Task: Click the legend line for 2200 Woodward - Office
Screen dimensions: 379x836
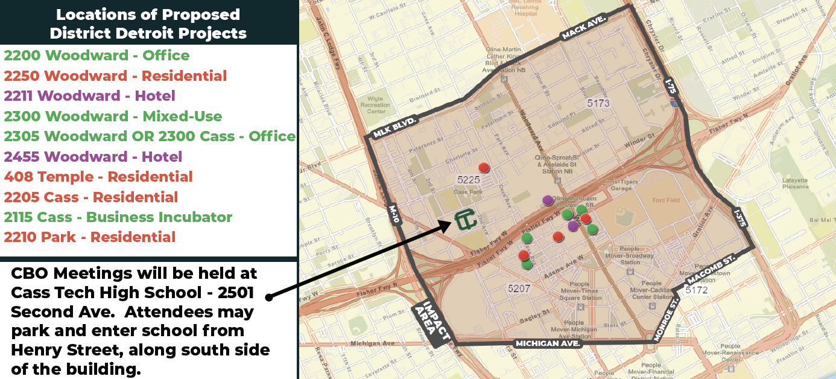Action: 97,56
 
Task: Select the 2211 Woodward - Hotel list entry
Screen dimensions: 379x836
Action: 89,96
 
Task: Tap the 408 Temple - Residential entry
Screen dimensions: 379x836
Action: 98,177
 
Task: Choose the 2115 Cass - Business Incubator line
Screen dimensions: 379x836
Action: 118,217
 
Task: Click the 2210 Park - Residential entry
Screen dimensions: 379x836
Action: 89,237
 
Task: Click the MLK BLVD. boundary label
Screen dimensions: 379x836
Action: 395,127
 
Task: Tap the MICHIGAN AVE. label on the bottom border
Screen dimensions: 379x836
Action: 548,343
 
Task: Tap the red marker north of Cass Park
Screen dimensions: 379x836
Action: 483,167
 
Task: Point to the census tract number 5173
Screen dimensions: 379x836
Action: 598,103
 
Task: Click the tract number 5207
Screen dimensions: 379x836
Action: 519,288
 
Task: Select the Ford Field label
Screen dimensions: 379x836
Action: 665,200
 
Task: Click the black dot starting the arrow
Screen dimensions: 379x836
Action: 269,297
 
